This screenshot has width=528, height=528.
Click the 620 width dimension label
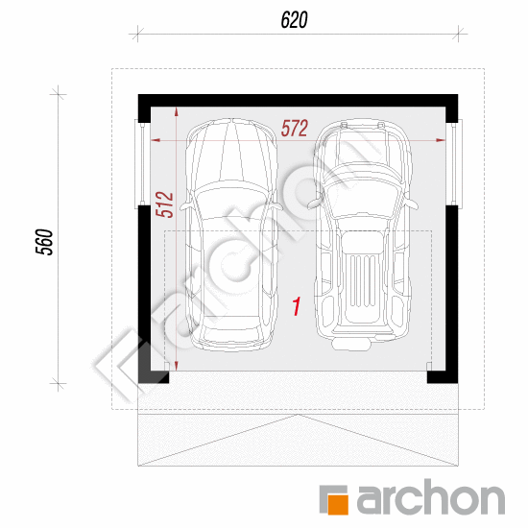[x=294, y=20]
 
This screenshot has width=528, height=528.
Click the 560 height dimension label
[x=44, y=242]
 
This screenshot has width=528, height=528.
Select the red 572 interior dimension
[x=295, y=128]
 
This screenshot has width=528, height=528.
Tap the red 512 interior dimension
[x=164, y=204]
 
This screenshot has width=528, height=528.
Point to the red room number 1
[x=297, y=306]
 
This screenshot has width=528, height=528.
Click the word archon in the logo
[x=430, y=496]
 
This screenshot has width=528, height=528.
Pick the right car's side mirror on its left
[x=315, y=203]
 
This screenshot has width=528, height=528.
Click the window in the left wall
[x=140, y=163]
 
